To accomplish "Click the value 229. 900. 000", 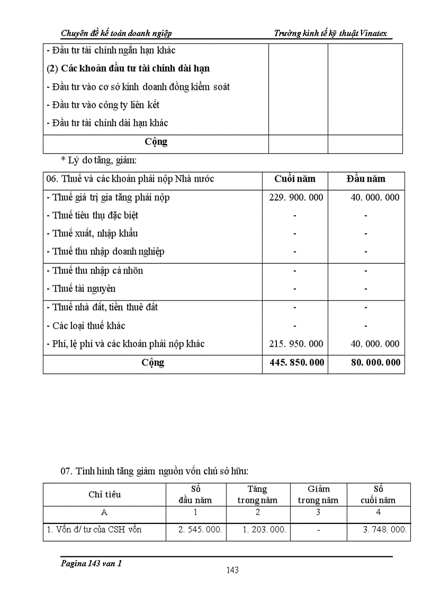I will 294,198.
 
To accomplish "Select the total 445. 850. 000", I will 294,363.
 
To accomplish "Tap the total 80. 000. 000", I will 375,363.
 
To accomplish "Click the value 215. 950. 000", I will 294,344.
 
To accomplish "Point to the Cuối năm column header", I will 294,179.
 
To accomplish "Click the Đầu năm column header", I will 366,179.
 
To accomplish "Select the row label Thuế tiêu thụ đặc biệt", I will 95,216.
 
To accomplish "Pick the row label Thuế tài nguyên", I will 84,289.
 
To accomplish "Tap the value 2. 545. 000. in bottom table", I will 196,529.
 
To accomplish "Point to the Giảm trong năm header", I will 318,494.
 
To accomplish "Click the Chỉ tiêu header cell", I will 104,494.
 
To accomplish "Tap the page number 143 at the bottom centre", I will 232,570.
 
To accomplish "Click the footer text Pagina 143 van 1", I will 91,564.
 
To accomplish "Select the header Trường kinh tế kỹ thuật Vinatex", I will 330,33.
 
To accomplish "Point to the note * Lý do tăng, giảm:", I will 98,160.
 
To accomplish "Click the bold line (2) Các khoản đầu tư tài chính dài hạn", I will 129,68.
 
